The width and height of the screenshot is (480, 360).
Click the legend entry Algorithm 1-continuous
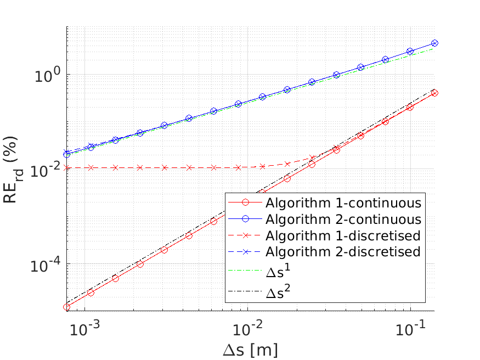325,203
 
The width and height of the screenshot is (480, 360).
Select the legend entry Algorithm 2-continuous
325,219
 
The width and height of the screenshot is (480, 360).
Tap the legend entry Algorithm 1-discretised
325,235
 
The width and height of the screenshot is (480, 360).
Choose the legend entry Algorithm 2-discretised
325,252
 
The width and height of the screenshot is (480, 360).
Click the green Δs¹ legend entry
259,271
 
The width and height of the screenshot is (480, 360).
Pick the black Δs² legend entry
259,291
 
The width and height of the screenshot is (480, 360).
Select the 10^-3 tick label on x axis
84,328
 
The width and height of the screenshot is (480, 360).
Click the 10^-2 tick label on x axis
247,328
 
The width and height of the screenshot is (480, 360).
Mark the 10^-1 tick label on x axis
410,328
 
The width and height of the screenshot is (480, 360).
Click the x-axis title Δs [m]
250,350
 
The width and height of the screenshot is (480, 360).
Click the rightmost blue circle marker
434,43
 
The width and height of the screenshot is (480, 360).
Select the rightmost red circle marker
434,93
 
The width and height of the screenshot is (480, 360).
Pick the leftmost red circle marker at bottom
67,307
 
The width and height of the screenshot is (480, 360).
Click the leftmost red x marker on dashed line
66,168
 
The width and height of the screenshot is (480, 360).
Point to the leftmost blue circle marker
67,154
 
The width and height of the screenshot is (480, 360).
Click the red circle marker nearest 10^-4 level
140,264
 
